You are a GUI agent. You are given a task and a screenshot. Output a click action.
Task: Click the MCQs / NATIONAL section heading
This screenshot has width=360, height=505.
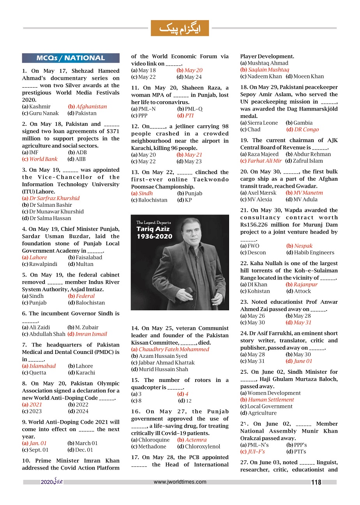pyautogui.click(x=71, y=58)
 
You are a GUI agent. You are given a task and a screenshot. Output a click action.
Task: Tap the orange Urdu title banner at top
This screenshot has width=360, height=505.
pyautogui.click(x=180, y=28)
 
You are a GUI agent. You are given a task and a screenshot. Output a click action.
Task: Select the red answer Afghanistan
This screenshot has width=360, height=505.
pyautogui.click(x=91, y=107)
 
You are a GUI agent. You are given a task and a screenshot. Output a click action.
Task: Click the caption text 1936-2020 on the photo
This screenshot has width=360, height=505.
pyautogui.click(x=154, y=236)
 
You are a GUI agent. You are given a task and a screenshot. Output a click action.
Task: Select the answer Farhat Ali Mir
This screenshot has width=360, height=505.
pyautogui.click(x=262, y=161)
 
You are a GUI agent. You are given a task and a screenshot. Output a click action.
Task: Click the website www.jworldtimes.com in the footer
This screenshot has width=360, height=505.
pyautogui.click(x=180, y=482)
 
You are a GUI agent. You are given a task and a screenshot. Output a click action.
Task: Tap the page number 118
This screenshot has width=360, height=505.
pyautogui.click(x=316, y=482)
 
